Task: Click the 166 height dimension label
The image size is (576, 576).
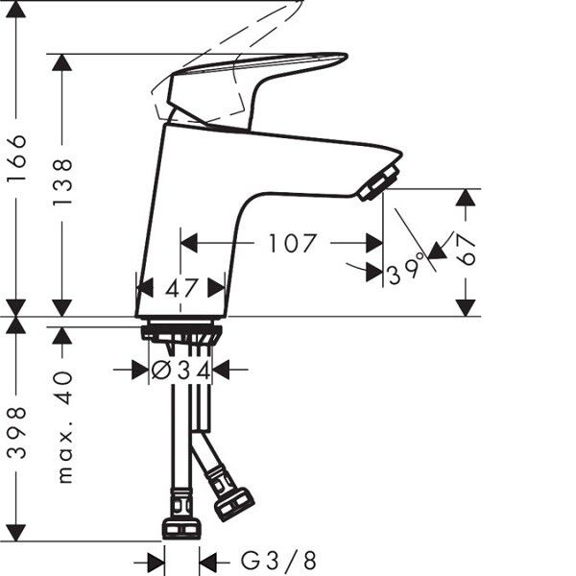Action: pos(16,157)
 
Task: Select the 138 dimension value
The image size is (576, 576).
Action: pos(62,182)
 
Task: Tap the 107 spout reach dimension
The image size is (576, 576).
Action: pos(293,243)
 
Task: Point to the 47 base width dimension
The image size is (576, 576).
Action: pos(181,288)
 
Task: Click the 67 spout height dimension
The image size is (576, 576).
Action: pos(466,250)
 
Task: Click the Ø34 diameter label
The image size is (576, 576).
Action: pos(180,370)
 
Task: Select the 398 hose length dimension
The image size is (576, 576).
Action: pos(16,433)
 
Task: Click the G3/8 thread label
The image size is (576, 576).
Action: pos(278,561)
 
